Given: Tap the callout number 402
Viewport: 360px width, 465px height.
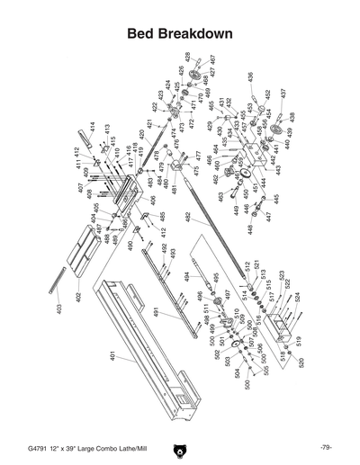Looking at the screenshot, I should [78, 295].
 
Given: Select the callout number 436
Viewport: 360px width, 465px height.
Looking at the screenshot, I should [249, 76].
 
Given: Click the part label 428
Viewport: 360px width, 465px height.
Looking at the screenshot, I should [187, 57].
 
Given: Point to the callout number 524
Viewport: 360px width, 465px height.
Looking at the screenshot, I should [297, 296].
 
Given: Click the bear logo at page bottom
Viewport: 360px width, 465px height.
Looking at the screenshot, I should [180, 446].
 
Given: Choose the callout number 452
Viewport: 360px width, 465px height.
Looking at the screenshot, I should [267, 93].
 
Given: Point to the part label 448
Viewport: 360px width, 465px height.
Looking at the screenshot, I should [251, 228].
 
